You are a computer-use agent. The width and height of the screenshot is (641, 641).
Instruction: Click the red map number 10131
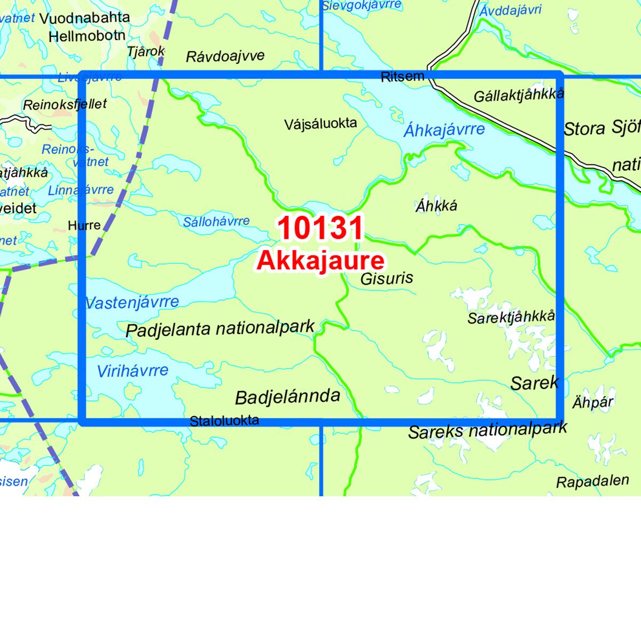click(x=320, y=228)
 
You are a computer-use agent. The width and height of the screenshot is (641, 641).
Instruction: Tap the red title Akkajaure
click(x=320, y=261)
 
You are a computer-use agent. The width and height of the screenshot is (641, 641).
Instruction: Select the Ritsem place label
click(x=402, y=77)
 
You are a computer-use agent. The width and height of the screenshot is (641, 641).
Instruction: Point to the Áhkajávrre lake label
click(x=444, y=129)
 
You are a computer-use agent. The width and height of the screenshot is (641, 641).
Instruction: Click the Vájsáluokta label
click(x=320, y=124)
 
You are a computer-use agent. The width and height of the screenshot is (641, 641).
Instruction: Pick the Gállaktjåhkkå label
click(x=519, y=96)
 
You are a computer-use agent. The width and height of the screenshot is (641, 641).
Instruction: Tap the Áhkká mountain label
click(x=436, y=206)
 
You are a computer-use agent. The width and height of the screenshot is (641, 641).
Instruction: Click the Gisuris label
click(x=387, y=278)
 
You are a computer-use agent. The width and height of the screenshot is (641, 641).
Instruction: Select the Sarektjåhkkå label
click(x=511, y=317)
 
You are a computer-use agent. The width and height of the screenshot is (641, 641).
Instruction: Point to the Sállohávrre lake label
click(x=216, y=221)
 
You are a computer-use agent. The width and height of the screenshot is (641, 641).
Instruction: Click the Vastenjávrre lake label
click(x=132, y=302)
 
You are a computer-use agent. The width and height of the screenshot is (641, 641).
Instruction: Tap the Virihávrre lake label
click(x=132, y=370)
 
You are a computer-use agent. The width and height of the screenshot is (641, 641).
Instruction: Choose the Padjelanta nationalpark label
click(x=220, y=328)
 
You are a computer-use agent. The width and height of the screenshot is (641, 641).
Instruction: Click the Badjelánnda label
click(x=287, y=396)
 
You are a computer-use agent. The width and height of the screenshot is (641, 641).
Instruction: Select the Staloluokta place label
click(x=224, y=420)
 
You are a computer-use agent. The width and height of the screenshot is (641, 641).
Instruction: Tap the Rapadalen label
click(x=592, y=481)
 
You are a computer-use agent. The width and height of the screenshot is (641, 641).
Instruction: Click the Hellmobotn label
click(x=87, y=36)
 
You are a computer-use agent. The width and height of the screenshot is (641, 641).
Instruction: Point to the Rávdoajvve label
click(x=225, y=56)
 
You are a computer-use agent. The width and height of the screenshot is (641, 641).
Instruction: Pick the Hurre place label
click(x=84, y=225)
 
